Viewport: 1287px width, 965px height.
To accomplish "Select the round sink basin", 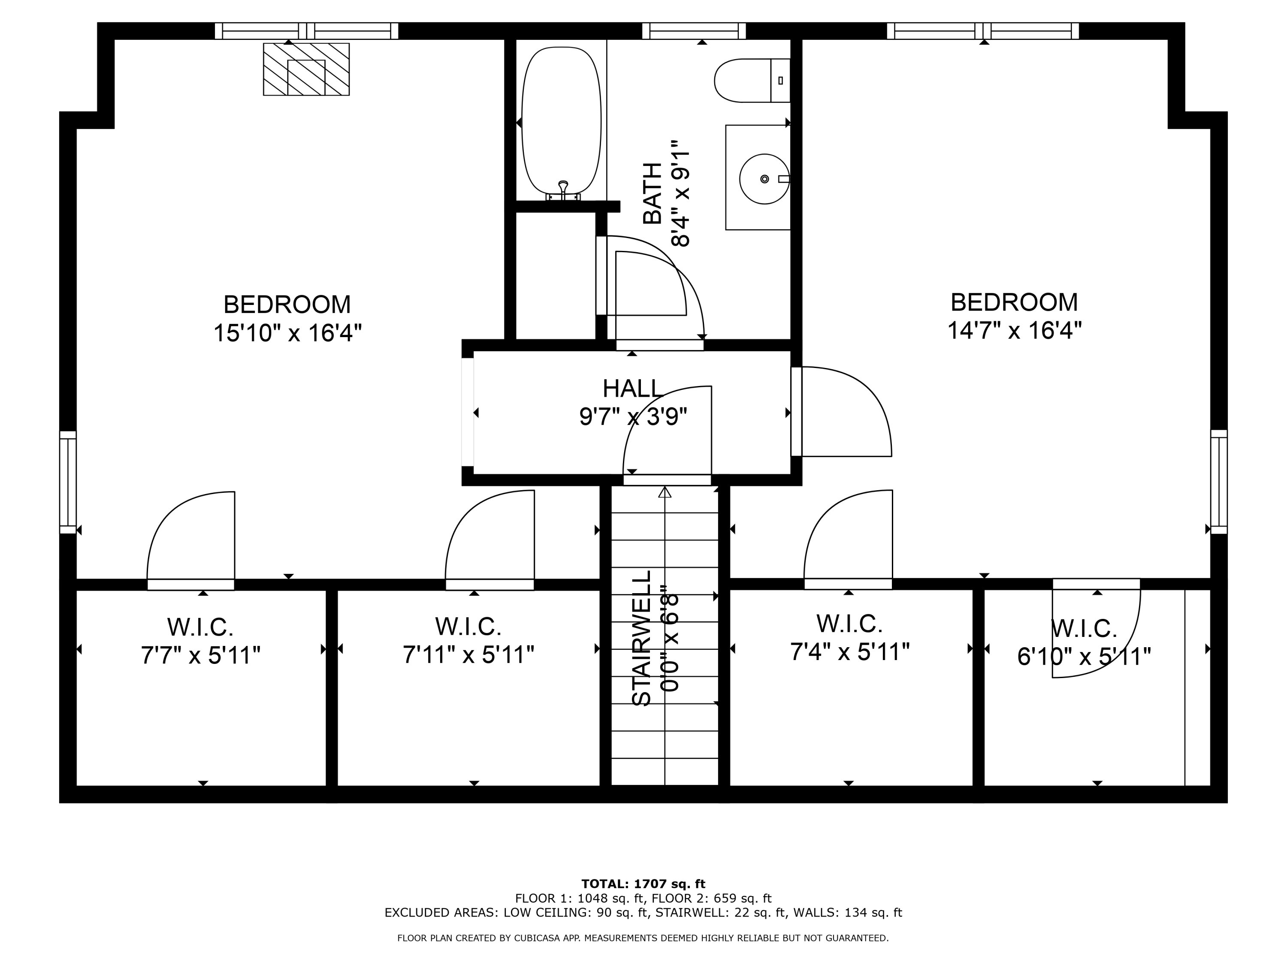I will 764,178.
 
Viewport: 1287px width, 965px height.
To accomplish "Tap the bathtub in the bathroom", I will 561,119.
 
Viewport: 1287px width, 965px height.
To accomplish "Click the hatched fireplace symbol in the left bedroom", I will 306,69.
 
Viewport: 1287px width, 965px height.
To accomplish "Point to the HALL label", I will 632,389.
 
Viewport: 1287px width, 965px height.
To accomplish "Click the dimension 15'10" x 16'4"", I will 287,333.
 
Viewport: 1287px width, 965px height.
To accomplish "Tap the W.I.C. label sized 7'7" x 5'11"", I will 200,627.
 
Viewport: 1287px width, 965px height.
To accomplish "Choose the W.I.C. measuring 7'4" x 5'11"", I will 849,624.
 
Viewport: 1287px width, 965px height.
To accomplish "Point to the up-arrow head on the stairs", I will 665,492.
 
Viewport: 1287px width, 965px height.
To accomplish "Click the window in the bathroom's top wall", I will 694,31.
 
